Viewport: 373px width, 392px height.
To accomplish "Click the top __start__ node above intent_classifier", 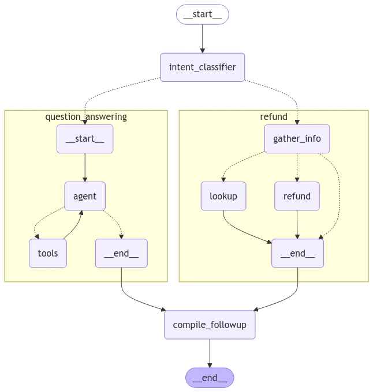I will pyautogui.click(x=202, y=14).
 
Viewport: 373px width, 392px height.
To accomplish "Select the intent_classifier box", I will pyautogui.click(x=202, y=67).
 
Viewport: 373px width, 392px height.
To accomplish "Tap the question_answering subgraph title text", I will pyautogui.click(x=86, y=116).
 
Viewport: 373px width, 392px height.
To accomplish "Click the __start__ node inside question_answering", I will pyautogui.click(x=85, y=139).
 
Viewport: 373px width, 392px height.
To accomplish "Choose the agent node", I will pyautogui.click(x=85, y=196).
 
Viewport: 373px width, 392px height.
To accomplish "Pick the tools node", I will pyautogui.click(x=48, y=253).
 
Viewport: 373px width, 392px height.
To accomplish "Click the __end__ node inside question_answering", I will pyautogui.click(x=121, y=253).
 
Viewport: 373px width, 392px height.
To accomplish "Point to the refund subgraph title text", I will pyautogui.click(x=274, y=116).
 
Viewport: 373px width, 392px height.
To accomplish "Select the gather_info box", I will pyautogui.click(x=297, y=139).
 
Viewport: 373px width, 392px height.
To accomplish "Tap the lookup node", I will pyautogui.click(x=223, y=196).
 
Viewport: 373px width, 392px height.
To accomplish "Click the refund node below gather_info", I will pyautogui.click(x=297, y=196).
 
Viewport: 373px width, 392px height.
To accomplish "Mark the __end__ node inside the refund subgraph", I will pyautogui.click(x=297, y=253).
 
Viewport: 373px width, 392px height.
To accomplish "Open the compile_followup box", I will pyautogui.click(x=210, y=325).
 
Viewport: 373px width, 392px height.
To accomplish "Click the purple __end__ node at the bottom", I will pyautogui.click(x=210, y=378).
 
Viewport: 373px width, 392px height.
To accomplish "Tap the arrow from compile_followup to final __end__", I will pyautogui.click(x=210, y=353).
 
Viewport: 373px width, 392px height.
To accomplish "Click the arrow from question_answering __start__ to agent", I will pyautogui.click(x=85, y=167).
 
